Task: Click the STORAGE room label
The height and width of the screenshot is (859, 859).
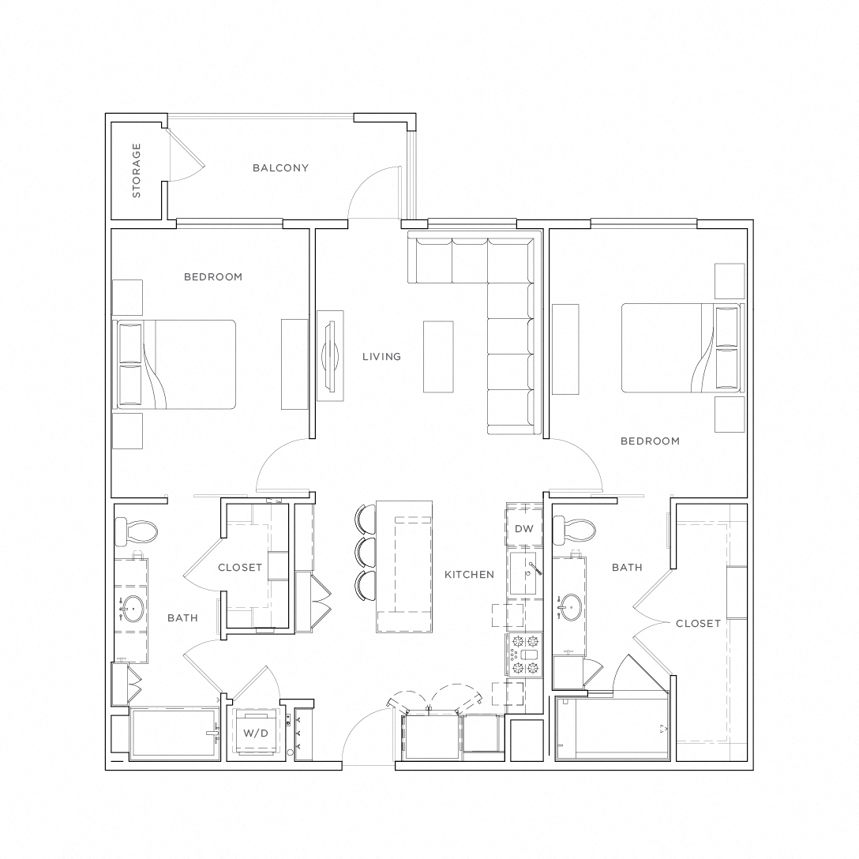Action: [x=137, y=170]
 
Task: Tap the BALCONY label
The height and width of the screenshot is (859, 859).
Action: [x=280, y=168]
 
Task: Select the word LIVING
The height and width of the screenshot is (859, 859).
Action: [x=381, y=357]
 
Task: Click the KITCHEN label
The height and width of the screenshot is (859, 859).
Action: [x=469, y=575]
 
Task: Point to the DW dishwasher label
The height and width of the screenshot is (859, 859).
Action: [x=523, y=529]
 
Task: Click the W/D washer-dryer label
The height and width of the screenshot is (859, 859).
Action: [x=255, y=733]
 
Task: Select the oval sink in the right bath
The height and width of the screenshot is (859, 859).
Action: [x=570, y=606]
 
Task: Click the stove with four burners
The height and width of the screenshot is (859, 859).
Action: [x=524, y=655]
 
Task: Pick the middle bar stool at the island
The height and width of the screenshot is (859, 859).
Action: [x=365, y=552]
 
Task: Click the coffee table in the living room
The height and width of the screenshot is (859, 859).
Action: [x=438, y=356]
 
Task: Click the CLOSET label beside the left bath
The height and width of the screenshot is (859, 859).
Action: [x=240, y=568]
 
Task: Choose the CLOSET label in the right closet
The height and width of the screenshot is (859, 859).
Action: [x=698, y=624]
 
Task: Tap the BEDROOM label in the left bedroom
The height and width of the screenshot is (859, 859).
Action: [x=213, y=277]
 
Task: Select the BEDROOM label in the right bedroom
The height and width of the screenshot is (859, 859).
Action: [x=650, y=441]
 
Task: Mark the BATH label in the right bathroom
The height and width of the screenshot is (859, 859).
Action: [x=627, y=568]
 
